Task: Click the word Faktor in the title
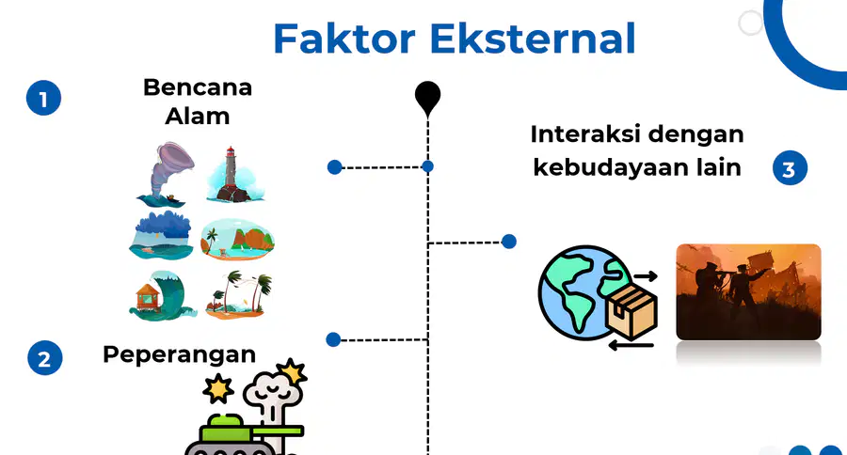[344, 39]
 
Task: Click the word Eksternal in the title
[533, 39]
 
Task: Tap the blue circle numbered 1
[43, 98]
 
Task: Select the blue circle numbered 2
[45, 358]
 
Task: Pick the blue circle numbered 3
[790, 168]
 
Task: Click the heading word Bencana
[198, 87]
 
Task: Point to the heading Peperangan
[180, 355]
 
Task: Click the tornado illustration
[166, 174]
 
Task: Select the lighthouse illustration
[235, 174]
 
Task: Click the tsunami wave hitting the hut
[162, 296]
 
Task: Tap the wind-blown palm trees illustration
[239, 294]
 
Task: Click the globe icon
[581, 293]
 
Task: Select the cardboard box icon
[631, 311]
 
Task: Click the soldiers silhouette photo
[749, 292]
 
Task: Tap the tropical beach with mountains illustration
[238, 240]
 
